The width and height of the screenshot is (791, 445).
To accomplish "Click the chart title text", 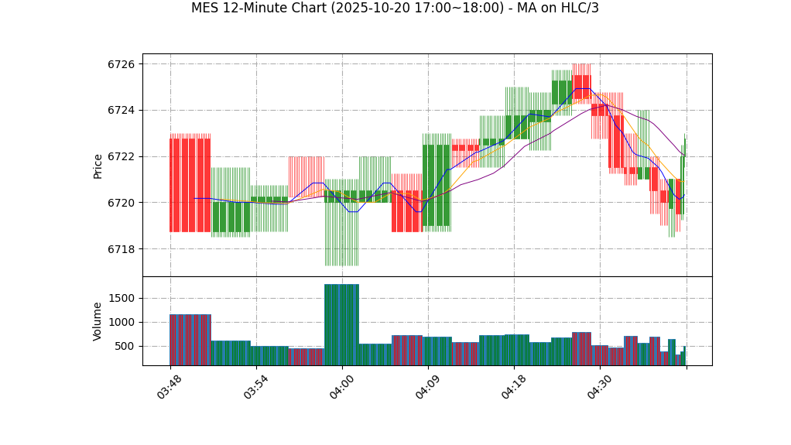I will pos(395,9).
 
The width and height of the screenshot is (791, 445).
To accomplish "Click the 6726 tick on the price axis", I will pos(122,64).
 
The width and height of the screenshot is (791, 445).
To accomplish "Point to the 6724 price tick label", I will pos(122,111).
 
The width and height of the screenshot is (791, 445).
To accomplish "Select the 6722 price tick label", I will pos(122,157).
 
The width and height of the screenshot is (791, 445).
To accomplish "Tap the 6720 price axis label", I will pos(122,203).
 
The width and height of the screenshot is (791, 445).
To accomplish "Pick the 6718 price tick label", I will pos(122,249).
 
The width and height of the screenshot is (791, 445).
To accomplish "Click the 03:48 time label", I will pos(169,386).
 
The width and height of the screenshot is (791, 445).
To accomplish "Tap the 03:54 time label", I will pos(256,386).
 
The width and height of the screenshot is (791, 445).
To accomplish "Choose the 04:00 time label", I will pos(342,386).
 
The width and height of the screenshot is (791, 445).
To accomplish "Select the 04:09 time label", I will pos(428,386).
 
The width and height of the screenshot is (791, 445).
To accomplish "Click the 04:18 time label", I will pos(514,386).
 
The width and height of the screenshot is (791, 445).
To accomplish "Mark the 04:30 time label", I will pos(600,386).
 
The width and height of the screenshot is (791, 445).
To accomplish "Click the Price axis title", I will pos(98,166).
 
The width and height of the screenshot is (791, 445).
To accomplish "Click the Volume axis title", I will pos(98,321).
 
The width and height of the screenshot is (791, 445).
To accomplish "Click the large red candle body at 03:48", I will pos(190,185).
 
